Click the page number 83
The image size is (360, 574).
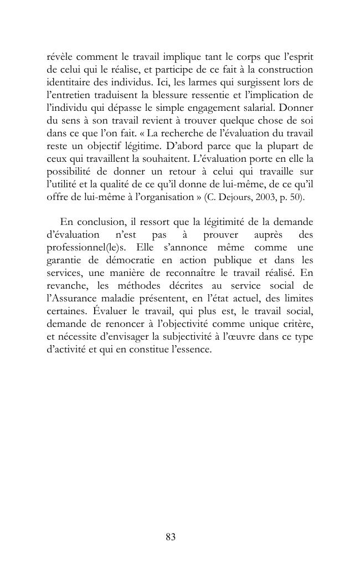pyautogui.click(x=170, y=537)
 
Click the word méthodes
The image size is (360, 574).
pyautogui.click(x=147, y=286)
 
